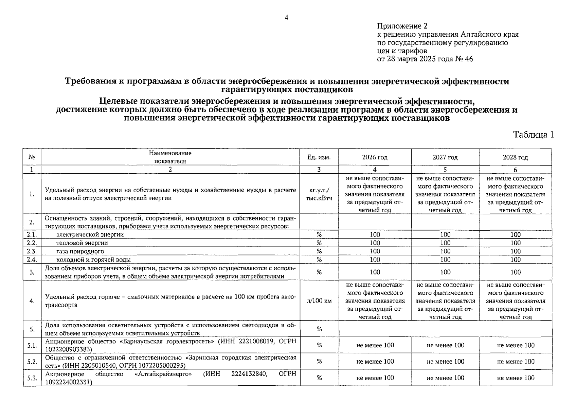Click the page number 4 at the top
point(286,18)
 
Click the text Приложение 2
point(402,26)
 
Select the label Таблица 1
point(533,135)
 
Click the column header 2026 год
point(375,157)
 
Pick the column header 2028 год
point(515,157)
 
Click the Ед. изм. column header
point(319,157)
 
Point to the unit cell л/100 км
point(319,301)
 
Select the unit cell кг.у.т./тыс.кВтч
point(319,194)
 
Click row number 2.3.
point(32,251)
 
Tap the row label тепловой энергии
point(82,243)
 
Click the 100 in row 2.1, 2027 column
point(445,234)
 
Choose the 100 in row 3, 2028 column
point(515,272)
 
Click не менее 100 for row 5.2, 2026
point(375,362)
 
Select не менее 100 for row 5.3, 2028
point(516,378)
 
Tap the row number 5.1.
point(32,345)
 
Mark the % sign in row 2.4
point(319,260)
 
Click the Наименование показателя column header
point(170,157)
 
